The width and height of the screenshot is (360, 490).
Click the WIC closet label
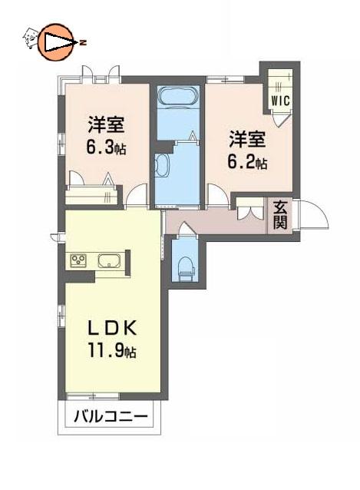pos(280,101)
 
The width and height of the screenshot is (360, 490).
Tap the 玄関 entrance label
pos(279,215)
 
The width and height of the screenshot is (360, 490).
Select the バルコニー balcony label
pos(111,416)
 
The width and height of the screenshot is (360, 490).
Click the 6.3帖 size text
pos(106,147)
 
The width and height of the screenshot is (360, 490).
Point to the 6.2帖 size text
pos(247,162)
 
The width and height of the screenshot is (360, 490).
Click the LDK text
pos(112,329)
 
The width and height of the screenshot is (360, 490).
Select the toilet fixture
pos(186,269)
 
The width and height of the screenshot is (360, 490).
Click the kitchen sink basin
pos(109,260)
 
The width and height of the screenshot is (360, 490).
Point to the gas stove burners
pos(78,260)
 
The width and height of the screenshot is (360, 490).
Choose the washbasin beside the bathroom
pos(162,166)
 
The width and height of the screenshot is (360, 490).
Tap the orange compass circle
pos(55,42)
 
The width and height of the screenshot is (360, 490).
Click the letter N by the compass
pos(83,42)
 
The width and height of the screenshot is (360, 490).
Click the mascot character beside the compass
pos(30,38)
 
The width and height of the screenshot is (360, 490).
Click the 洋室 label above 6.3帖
pos(106,124)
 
